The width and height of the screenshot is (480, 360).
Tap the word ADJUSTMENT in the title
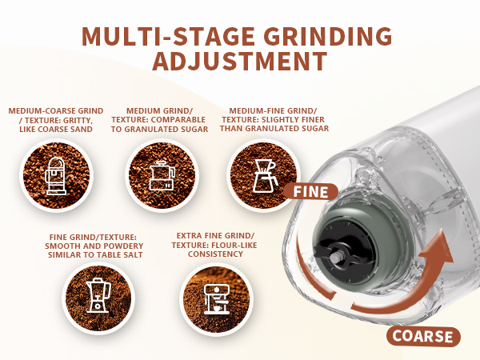tap(239, 62)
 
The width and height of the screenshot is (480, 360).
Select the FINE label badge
tap(310, 191)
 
